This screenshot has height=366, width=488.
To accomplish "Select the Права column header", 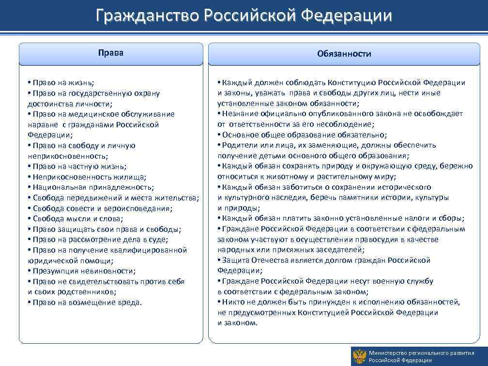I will point(111,53).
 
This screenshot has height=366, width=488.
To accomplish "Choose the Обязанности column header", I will point(344,54).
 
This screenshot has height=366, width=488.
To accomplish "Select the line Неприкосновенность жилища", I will point(89,177).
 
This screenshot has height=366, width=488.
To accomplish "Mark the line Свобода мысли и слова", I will point(78,219).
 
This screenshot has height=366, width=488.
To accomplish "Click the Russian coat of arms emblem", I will point(359,356).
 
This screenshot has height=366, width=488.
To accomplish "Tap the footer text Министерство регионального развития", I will point(414,353).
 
